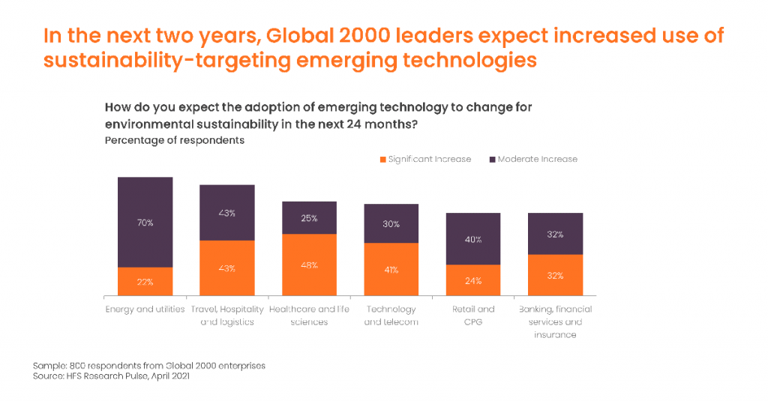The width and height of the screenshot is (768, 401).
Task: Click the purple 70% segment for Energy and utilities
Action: (145, 222)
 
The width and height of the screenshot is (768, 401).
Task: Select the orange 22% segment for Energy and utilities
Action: (145, 281)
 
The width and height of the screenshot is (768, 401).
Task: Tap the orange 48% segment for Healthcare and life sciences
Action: (309, 265)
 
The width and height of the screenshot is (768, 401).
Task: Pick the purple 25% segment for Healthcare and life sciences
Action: (309, 217)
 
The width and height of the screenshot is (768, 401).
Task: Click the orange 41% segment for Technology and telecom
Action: (391, 269)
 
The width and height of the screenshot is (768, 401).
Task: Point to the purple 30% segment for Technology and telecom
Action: (391, 223)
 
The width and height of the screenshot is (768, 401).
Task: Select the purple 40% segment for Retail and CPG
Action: (473, 238)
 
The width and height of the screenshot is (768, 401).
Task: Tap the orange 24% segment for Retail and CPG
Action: (473, 280)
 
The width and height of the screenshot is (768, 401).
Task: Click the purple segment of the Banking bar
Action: (555, 234)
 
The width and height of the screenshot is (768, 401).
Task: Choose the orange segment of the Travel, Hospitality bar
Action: (226, 268)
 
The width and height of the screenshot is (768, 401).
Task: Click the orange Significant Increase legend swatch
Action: (383, 159)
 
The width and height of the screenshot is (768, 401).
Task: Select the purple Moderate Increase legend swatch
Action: (493, 159)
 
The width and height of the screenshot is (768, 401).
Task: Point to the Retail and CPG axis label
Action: (473, 315)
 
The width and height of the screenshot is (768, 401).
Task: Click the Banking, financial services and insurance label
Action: (555, 322)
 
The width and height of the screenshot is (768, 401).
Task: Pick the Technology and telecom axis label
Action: (391, 315)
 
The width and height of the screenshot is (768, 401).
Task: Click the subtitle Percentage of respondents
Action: (174, 140)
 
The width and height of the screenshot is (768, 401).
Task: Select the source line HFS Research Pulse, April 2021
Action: (111, 376)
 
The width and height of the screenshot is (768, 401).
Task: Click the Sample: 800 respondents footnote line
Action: (148, 365)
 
